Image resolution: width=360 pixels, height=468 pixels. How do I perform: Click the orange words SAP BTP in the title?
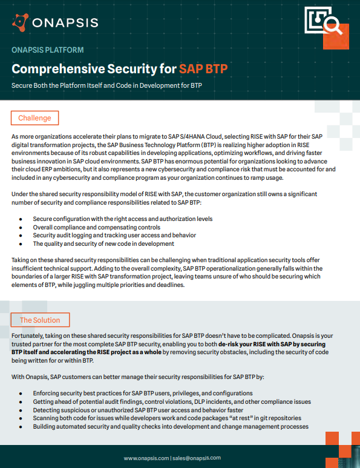[x=203, y=68]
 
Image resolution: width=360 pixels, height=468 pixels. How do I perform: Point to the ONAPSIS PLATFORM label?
[x=47, y=50]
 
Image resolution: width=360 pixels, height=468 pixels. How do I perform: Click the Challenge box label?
[x=34, y=117]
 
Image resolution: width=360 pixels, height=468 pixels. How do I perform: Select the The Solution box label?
[x=40, y=320]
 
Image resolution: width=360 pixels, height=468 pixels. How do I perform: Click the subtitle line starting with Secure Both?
[x=106, y=85]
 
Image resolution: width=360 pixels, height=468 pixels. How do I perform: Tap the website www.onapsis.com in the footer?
[x=146, y=458]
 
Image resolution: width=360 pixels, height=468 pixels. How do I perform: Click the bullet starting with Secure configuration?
[x=122, y=218]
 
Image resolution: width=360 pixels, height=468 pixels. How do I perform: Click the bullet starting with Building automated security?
[x=171, y=426]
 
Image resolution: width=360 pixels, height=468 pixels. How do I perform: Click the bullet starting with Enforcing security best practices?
[x=143, y=393]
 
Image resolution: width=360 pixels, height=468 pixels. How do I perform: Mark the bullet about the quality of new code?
[x=103, y=243]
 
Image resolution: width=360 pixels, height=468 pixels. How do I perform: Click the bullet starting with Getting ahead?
[x=172, y=401]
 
